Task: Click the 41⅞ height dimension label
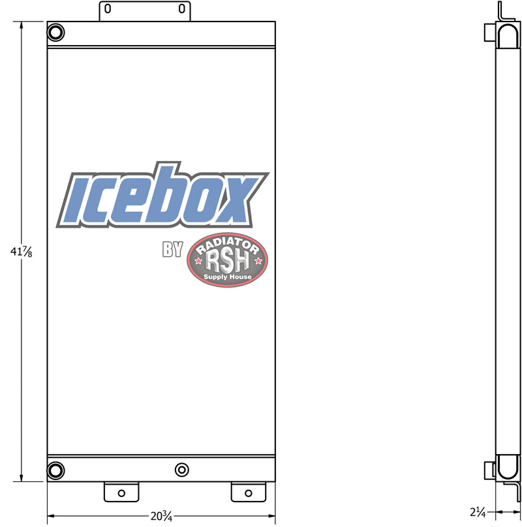click(21, 252)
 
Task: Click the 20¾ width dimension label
click(161, 516)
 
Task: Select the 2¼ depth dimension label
click(478, 512)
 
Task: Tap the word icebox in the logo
click(162, 195)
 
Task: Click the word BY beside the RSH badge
click(172, 249)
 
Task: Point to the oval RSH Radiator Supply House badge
click(227, 260)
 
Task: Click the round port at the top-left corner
click(56, 33)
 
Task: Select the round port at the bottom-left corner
click(56, 470)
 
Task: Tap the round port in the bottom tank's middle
click(182, 470)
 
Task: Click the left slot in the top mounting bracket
click(108, 8)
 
